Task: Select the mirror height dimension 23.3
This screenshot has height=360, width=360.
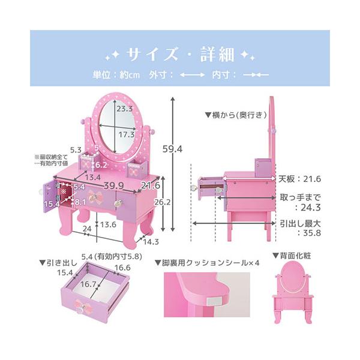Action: [x=125, y=109]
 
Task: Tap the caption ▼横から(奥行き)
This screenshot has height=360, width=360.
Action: [x=230, y=113]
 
